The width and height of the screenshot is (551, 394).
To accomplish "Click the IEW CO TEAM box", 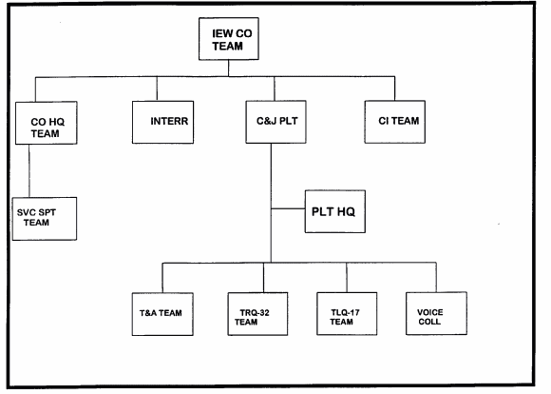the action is click(229, 39).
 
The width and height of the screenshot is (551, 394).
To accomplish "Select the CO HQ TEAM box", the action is click(47, 123).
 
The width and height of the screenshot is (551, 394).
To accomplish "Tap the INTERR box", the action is click(162, 122).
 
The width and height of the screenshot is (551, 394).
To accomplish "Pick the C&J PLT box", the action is click(275, 122).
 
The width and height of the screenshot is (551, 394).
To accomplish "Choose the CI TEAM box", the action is click(395, 122).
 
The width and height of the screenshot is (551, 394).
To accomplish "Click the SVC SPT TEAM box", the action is click(45, 219).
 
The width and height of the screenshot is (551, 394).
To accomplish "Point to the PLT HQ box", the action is click(335, 211).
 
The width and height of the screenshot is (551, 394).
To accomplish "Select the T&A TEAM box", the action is click(162, 314).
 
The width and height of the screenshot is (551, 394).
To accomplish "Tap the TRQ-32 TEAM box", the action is click(257, 314).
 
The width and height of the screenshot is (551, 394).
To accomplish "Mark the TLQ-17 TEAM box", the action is click(347, 313).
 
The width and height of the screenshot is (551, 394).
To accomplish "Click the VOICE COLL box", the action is click(436, 313).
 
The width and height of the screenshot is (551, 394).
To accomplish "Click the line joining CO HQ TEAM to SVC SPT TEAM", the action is click(29, 170).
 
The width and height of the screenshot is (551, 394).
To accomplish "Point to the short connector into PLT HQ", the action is click(288, 208).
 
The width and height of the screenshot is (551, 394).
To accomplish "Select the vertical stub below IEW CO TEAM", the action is click(228, 69).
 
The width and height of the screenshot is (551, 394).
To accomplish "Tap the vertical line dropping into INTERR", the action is click(157, 89).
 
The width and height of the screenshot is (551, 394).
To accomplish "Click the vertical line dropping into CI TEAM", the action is click(394, 89).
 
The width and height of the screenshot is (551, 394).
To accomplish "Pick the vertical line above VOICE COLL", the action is click(436, 277).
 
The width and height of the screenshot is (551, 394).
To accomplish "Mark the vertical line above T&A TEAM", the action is click(162, 278).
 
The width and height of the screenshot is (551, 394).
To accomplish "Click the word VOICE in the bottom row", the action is click(430, 312).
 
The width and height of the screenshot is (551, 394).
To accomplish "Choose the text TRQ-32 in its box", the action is click(255, 313).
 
